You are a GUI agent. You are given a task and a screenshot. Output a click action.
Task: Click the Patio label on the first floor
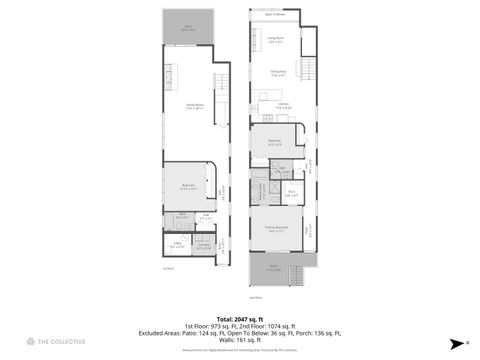pos(188,30)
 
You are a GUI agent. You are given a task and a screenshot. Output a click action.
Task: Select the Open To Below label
pos(274,15)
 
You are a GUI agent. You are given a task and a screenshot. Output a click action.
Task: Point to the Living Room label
pos(275,41)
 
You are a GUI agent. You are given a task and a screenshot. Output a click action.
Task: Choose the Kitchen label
pos(283,107)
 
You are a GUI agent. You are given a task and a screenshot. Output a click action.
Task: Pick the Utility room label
pos(176,244)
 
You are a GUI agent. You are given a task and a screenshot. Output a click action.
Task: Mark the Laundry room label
pos(203,245)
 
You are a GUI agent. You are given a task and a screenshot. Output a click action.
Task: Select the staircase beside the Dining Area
pos(309,71)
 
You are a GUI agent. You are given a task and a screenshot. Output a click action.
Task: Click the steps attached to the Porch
pos(294,272)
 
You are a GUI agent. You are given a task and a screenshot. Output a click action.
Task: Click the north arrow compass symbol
pos(455,341)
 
